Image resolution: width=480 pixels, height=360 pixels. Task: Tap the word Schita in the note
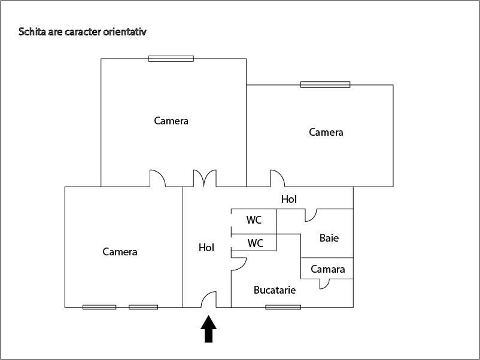click(31, 31)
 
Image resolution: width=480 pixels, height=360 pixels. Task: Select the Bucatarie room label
click(275, 290)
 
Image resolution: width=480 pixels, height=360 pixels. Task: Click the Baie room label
click(329, 238)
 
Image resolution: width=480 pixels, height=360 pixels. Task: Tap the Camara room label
click(327, 269)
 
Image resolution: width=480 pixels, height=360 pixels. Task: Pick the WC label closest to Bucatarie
click(256, 243)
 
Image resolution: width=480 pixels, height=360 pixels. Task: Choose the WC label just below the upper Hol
click(254, 220)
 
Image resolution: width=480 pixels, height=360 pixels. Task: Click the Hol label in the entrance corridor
click(206, 247)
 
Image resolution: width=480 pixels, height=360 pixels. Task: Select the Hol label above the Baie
click(289, 199)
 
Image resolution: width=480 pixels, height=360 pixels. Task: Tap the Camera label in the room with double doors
click(171, 121)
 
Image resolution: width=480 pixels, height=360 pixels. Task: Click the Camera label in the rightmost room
click(326, 132)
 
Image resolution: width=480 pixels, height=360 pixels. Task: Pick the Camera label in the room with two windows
click(120, 252)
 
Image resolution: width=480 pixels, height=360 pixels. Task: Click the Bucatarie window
click(283, 307)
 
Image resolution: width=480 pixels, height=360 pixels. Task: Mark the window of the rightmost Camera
click(325, 85)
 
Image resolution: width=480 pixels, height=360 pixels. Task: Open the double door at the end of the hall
click(204, 179)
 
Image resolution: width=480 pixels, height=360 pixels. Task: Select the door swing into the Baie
click(311, 215)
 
